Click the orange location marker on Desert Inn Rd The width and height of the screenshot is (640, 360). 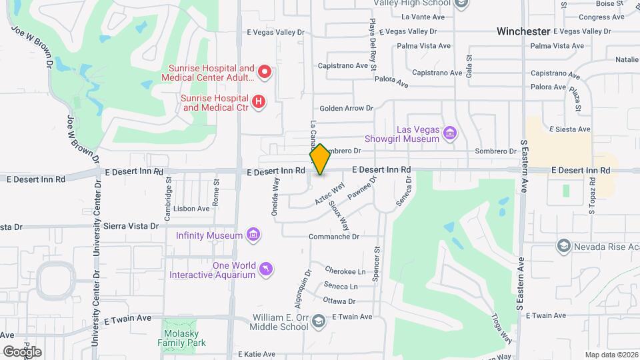coord(320,159)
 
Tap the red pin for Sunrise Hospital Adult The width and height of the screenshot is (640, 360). coord(265,71)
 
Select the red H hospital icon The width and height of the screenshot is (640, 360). coord(259,102)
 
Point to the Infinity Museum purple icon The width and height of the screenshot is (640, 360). coord(253,235)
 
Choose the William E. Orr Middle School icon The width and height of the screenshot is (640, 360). coord(319,323)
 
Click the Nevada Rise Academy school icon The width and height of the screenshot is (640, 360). coord(564,246)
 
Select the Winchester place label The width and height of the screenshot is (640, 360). coord(523,31)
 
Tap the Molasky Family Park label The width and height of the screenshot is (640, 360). coord(182,337)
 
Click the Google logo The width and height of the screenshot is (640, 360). coord(22,351)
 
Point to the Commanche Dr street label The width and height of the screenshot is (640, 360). coord(334,237)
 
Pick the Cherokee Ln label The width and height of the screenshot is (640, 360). coord(345,271)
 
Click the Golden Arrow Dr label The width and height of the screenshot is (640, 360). coord(346,108)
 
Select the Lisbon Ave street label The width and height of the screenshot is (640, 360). coord(191,209)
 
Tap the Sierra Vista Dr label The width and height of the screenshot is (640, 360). coord(131,226)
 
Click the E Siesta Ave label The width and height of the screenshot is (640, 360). coord(569,129)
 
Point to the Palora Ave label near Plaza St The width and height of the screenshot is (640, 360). coord(549,87)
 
